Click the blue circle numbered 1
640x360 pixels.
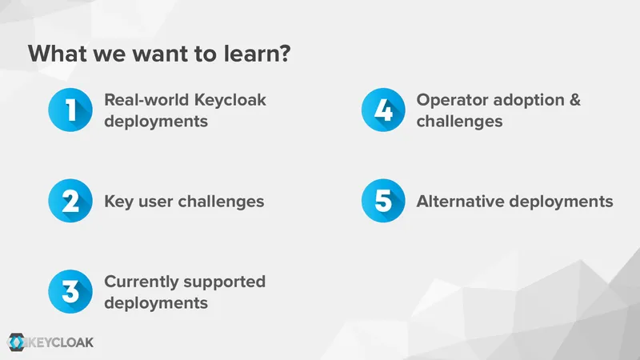click(70, 110)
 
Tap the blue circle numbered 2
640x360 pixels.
click(70, 201)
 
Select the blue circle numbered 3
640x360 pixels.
click(70, 291)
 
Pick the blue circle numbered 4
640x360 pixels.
click(383, 110)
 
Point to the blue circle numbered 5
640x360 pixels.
click(383, 201)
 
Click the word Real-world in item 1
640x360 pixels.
click(147, 100)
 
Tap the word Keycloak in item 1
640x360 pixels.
click(230, 101)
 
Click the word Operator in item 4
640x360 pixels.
click(452, 101)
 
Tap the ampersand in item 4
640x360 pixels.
click(574, 100)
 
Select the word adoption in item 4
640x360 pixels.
click(529, 101)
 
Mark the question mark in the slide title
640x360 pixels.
click(285, 54)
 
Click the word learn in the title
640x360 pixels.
click(250, 54)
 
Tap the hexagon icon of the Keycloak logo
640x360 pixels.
click(17, 342)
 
